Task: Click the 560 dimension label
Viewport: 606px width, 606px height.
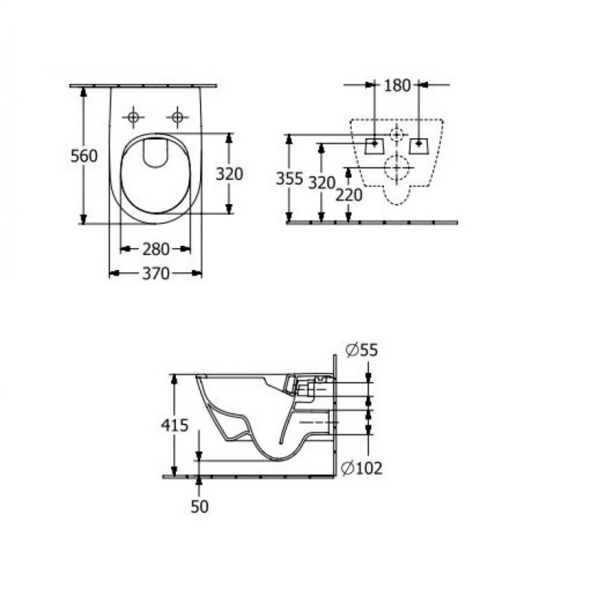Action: (x=84, y=156)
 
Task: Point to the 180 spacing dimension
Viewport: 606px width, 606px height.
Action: (x=398, y=85)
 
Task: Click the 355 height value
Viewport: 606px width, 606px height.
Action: (x=289, y=179)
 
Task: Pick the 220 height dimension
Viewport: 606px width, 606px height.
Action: (x=349, y=195)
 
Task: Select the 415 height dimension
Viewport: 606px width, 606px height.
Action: (x=174, y=425)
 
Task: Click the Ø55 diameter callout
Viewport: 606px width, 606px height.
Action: (x=362, y=350)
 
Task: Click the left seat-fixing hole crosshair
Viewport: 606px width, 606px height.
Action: (x=133, y=117)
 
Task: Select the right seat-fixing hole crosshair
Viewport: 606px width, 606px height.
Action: (x=178, y=117)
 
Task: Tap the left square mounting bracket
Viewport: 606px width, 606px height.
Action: (x=374, y=145)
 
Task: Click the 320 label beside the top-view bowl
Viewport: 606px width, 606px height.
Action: (x=229, y=174)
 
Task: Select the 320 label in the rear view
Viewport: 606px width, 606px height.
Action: (x=322, y=183)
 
